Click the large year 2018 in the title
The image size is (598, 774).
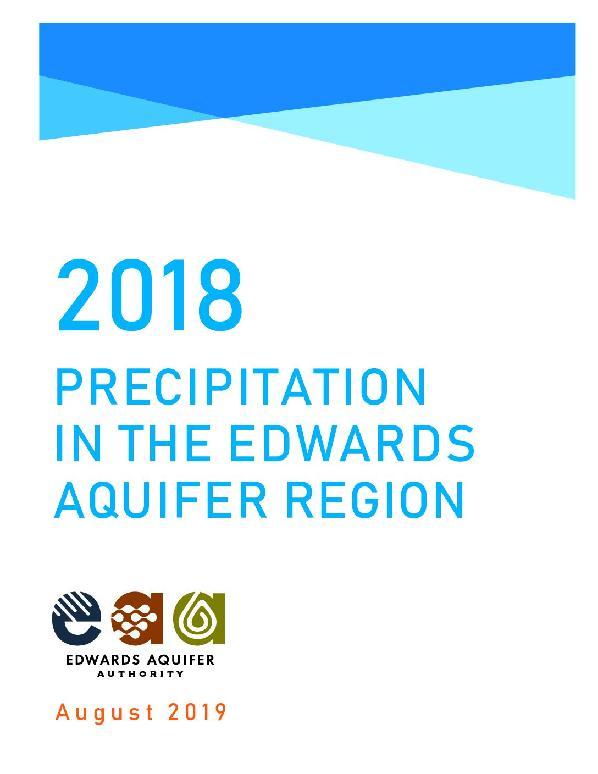[x=149, y=295]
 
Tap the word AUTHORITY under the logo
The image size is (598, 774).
[x=140, y=674]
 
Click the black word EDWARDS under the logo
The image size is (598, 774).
[x=103, y=660]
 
